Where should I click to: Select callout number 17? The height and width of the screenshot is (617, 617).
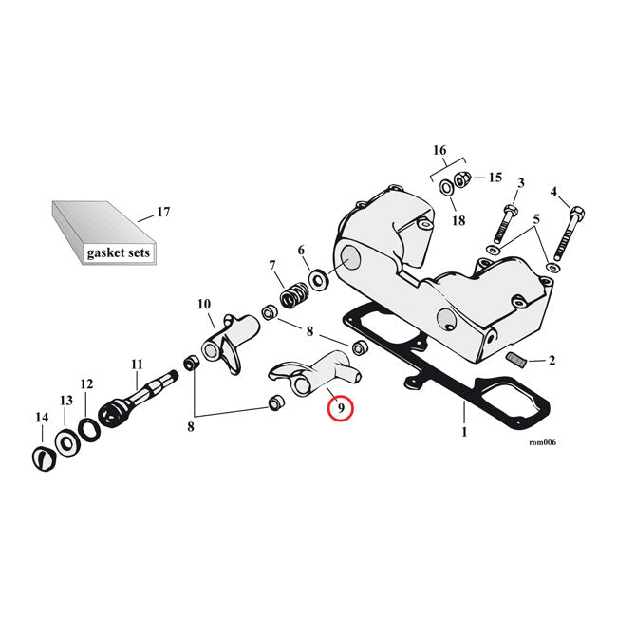(x=163, y=213)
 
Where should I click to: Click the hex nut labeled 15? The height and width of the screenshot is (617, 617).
(x=461, y=178)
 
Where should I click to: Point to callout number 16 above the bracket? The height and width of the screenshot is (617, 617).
(x=439, y=150)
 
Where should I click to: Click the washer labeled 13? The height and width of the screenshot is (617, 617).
(x=65, y=440)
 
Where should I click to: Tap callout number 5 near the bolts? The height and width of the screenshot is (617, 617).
(x=538, y=219)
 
